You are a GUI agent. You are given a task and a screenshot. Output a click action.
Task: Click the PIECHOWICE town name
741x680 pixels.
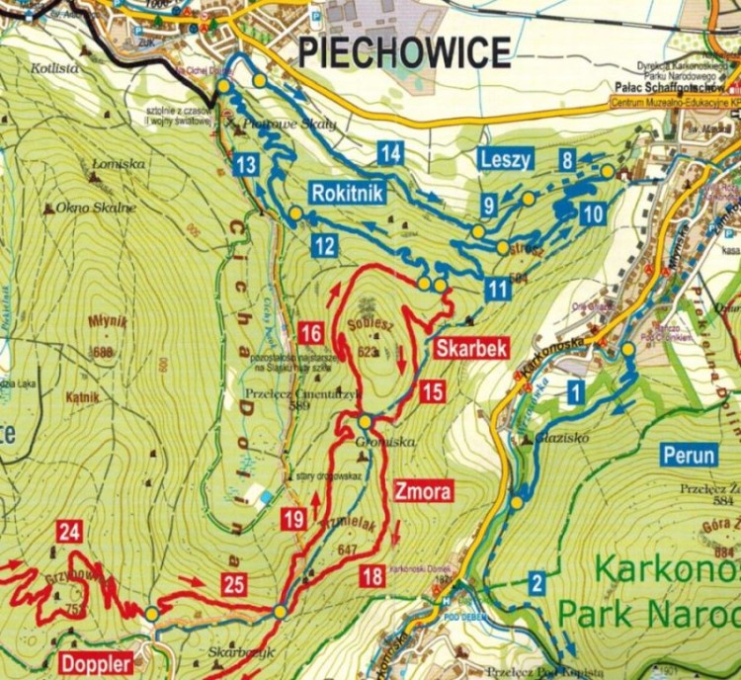tap(404, 50)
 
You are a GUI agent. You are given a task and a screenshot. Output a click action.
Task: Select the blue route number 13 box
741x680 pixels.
tap(246, 165)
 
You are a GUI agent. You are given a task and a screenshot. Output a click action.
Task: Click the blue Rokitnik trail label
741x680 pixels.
tap(346, 193)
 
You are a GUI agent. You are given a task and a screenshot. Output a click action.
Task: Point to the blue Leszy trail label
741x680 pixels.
tap(506, 159)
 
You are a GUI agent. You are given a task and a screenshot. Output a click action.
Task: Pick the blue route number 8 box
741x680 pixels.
tap(567, 159)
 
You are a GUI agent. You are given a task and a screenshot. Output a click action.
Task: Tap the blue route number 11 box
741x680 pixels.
tap(499, 289)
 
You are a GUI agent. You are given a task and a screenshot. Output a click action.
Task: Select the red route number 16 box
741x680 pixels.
tap(311, 332)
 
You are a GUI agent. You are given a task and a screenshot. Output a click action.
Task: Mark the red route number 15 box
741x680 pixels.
tap(432, 390)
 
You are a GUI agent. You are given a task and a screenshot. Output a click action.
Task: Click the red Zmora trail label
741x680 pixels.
tap(423, 490)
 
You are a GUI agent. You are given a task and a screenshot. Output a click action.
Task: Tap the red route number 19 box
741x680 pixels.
tap(293, 517)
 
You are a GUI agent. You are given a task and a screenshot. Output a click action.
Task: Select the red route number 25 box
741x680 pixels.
tap(233, 584)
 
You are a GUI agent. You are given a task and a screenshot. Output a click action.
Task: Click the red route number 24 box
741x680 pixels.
tap(68, 532)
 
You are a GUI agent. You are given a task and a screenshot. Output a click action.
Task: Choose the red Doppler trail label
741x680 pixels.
tap(96, 661)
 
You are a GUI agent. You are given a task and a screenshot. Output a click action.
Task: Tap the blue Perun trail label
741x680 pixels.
tap(689, 457)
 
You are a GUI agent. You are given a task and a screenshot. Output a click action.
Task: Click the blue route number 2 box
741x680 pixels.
tap(536, 583)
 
